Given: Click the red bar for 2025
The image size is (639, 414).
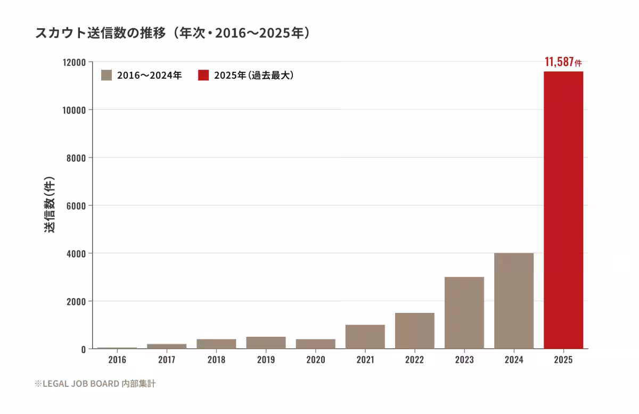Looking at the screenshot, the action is [563, 210].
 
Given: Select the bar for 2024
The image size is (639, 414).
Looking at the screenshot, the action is [514, 301].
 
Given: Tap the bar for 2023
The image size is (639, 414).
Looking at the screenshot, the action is [464, 313].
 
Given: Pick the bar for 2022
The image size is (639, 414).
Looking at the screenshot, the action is [415, 331].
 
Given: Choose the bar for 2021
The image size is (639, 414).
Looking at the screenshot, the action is [365, 337].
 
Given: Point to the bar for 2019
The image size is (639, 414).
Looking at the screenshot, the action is [266, 343].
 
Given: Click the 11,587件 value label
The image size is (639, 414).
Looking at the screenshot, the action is [563, 62].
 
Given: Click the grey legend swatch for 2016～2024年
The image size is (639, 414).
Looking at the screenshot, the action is [106, 75].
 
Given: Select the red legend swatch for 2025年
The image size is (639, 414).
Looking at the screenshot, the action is [203, 75].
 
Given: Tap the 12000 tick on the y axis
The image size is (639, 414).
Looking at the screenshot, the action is [74, 62].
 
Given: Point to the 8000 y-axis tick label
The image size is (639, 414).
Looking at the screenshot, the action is [76, 158].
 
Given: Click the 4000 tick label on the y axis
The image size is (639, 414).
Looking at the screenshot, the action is [76, 254].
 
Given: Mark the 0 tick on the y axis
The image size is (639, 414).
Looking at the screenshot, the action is [83, 350].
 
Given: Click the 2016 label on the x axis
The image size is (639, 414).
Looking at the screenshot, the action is [117, 360].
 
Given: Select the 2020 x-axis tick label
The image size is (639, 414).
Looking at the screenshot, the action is [315, 360].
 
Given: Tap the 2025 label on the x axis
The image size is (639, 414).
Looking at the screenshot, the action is [563, 360].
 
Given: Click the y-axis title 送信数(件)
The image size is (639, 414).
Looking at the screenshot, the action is [49, 205].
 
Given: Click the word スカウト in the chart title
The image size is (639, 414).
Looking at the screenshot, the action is [61, 33].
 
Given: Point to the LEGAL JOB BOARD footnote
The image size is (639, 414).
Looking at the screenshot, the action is [95, 384].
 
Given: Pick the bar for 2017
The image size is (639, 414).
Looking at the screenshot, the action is [167, 346].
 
